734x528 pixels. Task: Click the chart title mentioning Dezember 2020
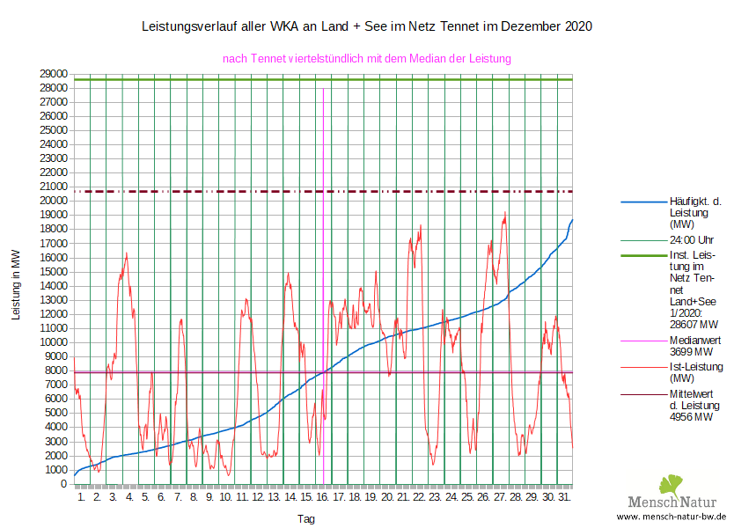[x=367, y=26]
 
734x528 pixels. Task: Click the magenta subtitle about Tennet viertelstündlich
[x=367, y=58]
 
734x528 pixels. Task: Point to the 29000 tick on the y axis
[x=55, y=74]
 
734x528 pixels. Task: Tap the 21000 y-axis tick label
[x=55, y=187]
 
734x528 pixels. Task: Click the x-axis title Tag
[x=305, y=519]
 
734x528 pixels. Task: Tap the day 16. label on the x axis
[x=323, y=497]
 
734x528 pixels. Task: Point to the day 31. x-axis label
[x=564, y=497]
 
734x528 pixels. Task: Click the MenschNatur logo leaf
[x=670, y=484]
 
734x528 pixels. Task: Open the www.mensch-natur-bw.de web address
[x=671, y=517]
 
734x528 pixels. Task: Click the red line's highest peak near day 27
[x=505, y=212]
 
